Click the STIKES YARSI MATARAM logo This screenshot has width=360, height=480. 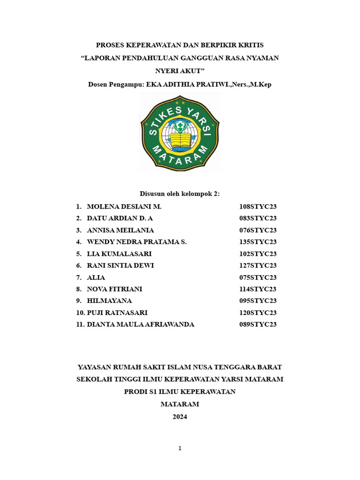pyautogui.click(x=180, y=133)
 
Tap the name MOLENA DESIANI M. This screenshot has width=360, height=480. pyautogui.click(x=124, y=207)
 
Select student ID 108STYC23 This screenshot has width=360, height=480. pyautogui.click(x=258, y=207)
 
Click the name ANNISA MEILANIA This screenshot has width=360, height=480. pyautogui.click(x=120, y=230)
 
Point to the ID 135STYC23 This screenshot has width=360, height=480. pyautogui.click(x=258, y=242)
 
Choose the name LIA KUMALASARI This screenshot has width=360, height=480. pyautogui.click(x=120, y=254)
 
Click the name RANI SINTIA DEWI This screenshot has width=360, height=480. pyautogui.click(x=120, y=265)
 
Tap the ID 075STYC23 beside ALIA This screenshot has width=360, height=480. pyautogui.click(x=258, y=277)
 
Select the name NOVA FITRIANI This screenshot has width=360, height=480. pyautogui.click(x=115, y=289)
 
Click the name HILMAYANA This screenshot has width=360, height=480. pyautogui.click(x=110, y=301)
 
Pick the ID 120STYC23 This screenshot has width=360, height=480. pyautogui.click(x=258, y=313)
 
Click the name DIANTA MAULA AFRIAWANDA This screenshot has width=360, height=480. pyautogui.click(x=141, y=324)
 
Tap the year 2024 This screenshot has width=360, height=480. pyautogui.click(x=180, y=417)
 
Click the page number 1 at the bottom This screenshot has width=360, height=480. pyautogui.click(x=180, y=449)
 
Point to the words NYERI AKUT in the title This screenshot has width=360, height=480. pyautogui.click(x=180, y=71)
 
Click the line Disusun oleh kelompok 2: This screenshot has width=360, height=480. pyautogui.click(x=180, y=194)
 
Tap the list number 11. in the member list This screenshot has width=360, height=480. pyautogui.click(x=80, y=324)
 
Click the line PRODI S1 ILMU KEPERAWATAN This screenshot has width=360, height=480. pyautogui.click(x=180, y=391)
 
